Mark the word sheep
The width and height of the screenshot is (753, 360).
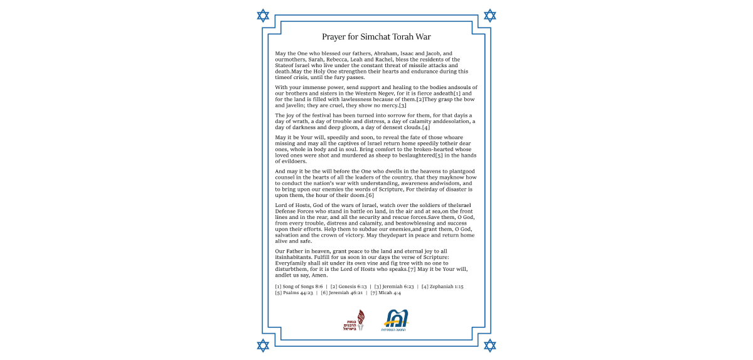(x=380, y=155)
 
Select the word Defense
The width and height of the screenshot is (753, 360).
(x=287, y=212)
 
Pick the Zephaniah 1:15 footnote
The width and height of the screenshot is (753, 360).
(x=442, y=287)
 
